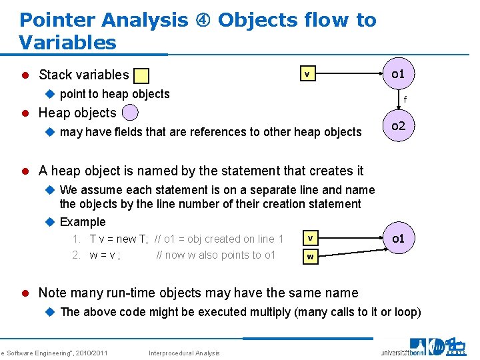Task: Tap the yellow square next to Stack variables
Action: point(141,76)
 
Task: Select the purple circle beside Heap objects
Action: point(131,113)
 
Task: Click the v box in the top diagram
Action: point(307,74)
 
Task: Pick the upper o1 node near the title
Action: point(398,73)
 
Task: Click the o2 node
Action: point(399,125)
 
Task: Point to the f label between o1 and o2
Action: point(404,100)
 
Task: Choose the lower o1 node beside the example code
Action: point(399,238)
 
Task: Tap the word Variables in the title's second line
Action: point(67,43)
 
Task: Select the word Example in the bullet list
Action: point(83,222)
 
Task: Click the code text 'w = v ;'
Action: point(105,255)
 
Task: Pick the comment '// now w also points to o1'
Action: point(215,255)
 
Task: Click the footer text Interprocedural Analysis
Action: point(183,353)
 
